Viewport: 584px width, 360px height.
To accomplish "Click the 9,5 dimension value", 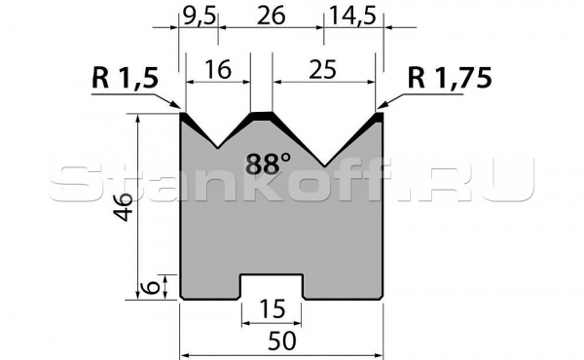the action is coord(200,17).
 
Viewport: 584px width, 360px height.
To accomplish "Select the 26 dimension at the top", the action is coord(272,17).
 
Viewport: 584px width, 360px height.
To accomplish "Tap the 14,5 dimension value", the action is coord(352,17).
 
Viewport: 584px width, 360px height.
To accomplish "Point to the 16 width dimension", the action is coord(218,70).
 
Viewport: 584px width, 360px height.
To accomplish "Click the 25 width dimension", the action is coord(322,70).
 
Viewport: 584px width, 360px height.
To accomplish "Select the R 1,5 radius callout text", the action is coord(126,79).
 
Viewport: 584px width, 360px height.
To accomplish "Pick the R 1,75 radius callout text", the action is coord(450,78).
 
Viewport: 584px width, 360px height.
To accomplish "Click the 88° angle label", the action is coord(268,164).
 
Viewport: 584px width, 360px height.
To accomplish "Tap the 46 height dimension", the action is coord(124,207).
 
